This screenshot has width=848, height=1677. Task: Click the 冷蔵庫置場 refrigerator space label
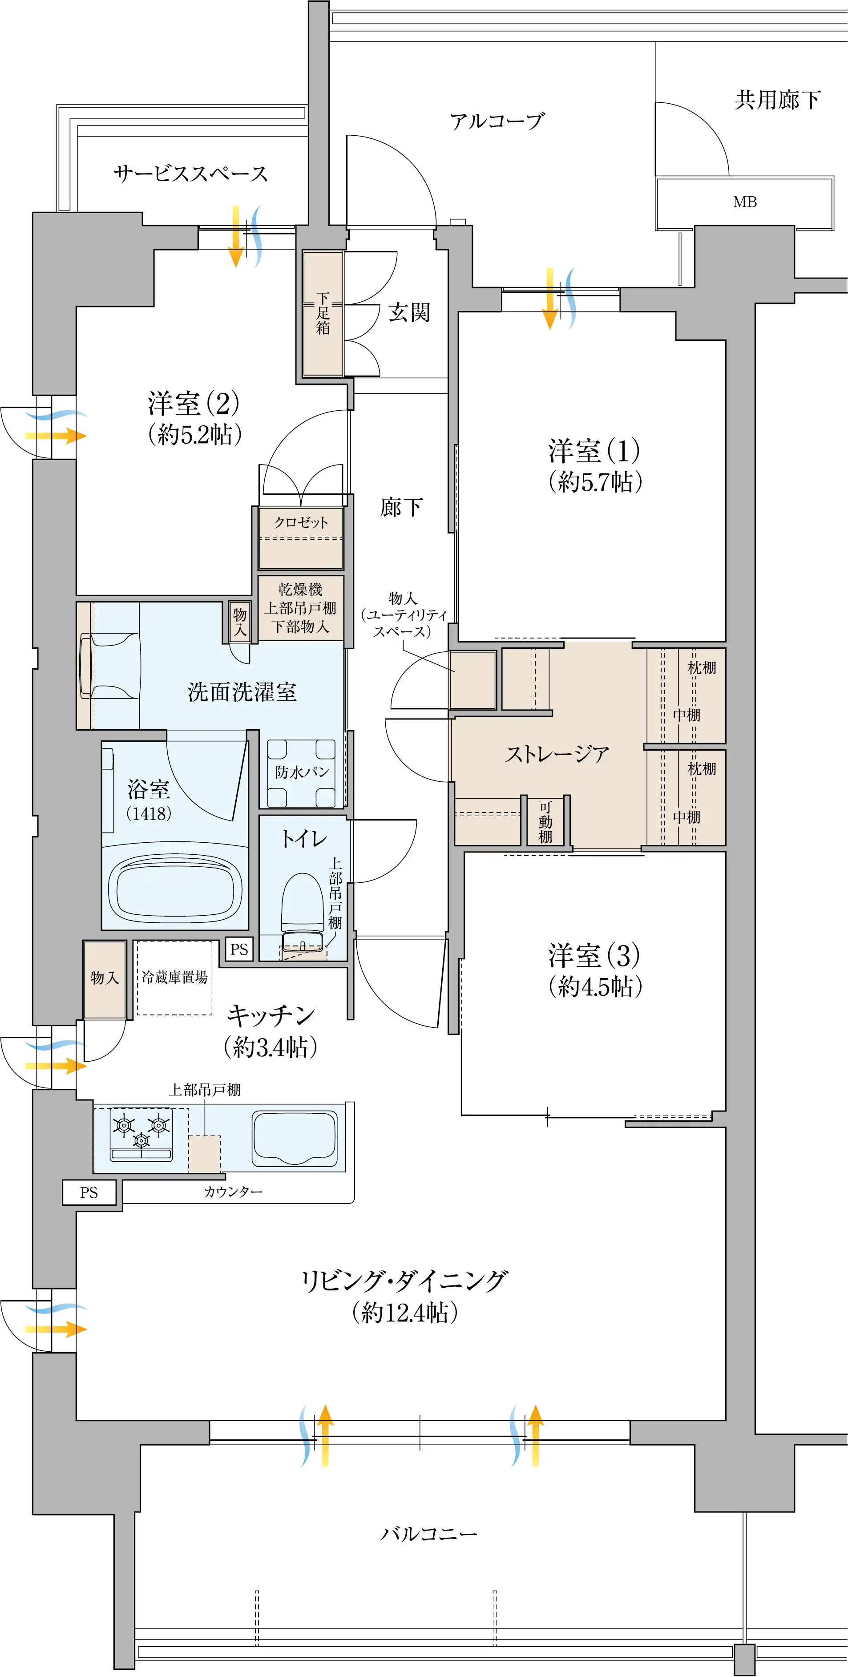pos(174,977)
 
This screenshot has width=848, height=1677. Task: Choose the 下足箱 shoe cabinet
pos(323,313)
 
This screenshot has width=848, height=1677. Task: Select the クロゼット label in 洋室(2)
pos(301,522)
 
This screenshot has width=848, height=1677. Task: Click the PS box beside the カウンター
pos(89,1192)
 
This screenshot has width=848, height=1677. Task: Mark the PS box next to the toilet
pos(239,949)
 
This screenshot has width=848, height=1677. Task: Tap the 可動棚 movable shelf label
pos(545,821)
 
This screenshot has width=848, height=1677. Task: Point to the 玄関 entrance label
pos(409,312)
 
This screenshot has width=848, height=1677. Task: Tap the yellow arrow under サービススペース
pos(236,236)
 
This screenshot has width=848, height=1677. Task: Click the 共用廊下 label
pos(778,100)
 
